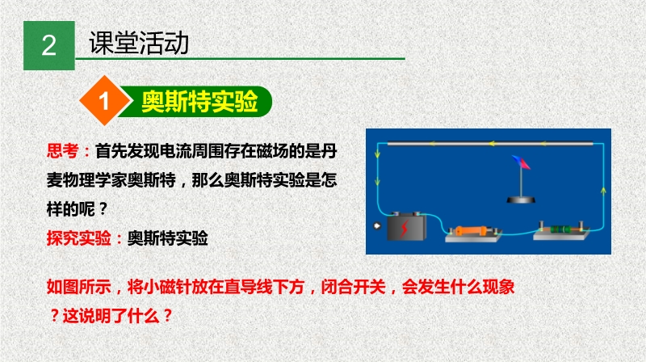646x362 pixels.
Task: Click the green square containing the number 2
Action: coord(49,45)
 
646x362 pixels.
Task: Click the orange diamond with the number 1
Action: coord(105,100)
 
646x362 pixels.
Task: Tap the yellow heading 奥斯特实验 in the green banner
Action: coord(199,101)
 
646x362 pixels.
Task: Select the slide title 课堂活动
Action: coord(139,43)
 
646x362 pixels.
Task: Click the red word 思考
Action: coord(62,151)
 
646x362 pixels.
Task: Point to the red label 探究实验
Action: coord(78,238)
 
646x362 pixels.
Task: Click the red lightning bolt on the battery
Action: coord(405,229)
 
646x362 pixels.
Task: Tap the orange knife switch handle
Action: coord(472,230)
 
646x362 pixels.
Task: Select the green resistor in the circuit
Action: coord(560,229)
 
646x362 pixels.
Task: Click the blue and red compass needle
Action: coord(521,162)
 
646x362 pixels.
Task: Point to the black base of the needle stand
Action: coord(521,200)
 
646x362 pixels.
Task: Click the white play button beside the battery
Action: coord(377,225)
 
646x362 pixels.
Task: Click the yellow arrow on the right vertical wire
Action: coord(603,191)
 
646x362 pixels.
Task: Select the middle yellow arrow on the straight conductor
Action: coord(492,144)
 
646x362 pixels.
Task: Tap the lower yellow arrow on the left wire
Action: coord(377,182)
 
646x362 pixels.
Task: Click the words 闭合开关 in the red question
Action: coord(353,287)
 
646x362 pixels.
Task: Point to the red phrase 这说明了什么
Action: coord(111,316)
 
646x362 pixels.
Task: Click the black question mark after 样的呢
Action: coord(103,209)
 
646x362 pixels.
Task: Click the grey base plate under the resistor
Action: coord(560,235)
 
